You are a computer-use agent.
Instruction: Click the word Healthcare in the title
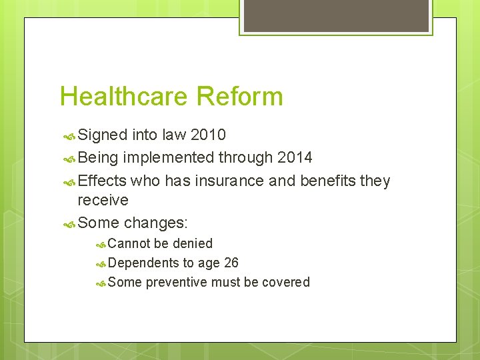point(123,97)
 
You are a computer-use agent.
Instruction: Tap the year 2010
point(208,135)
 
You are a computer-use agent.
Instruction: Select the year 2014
point(294,158)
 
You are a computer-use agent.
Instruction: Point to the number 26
point(231,263)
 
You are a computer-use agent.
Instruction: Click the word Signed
point(102,135)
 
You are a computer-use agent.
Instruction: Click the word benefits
point(328,181)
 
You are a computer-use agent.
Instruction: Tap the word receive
point(103,200)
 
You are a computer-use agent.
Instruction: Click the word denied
point(192,243)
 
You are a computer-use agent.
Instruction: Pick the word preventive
point(176,282)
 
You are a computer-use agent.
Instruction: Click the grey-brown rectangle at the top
point(336,15)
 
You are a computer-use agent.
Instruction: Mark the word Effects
point(101,181)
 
